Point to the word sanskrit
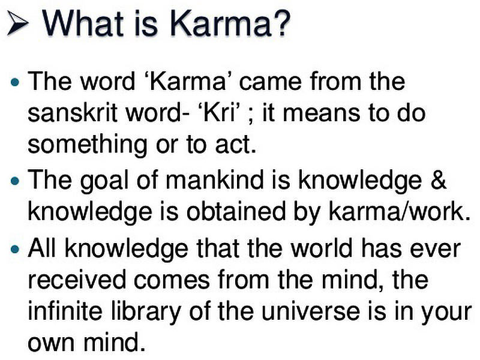73,113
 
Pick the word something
88,145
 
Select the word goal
104,181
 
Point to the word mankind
214,179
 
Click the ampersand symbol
438,179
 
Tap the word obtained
236,212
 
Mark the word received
77,280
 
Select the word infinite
65,310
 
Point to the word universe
311,310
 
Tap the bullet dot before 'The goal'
14,181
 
